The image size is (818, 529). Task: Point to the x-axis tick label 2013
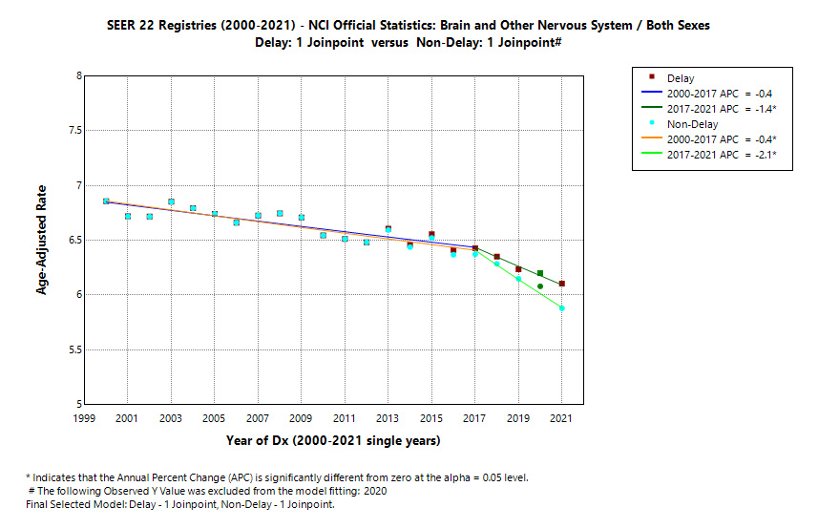(388, 418)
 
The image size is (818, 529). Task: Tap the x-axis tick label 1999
(84, 418)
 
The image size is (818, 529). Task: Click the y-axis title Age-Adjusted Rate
(42, 240)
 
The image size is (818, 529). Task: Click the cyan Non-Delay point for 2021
(562, 308)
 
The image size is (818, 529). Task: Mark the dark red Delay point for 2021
(562, 284)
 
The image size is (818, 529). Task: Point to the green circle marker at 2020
(540, 286)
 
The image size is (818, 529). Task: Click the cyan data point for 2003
(171, 201)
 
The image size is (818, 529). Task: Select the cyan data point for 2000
(106, 201)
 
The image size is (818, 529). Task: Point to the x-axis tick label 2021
(561, 418)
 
